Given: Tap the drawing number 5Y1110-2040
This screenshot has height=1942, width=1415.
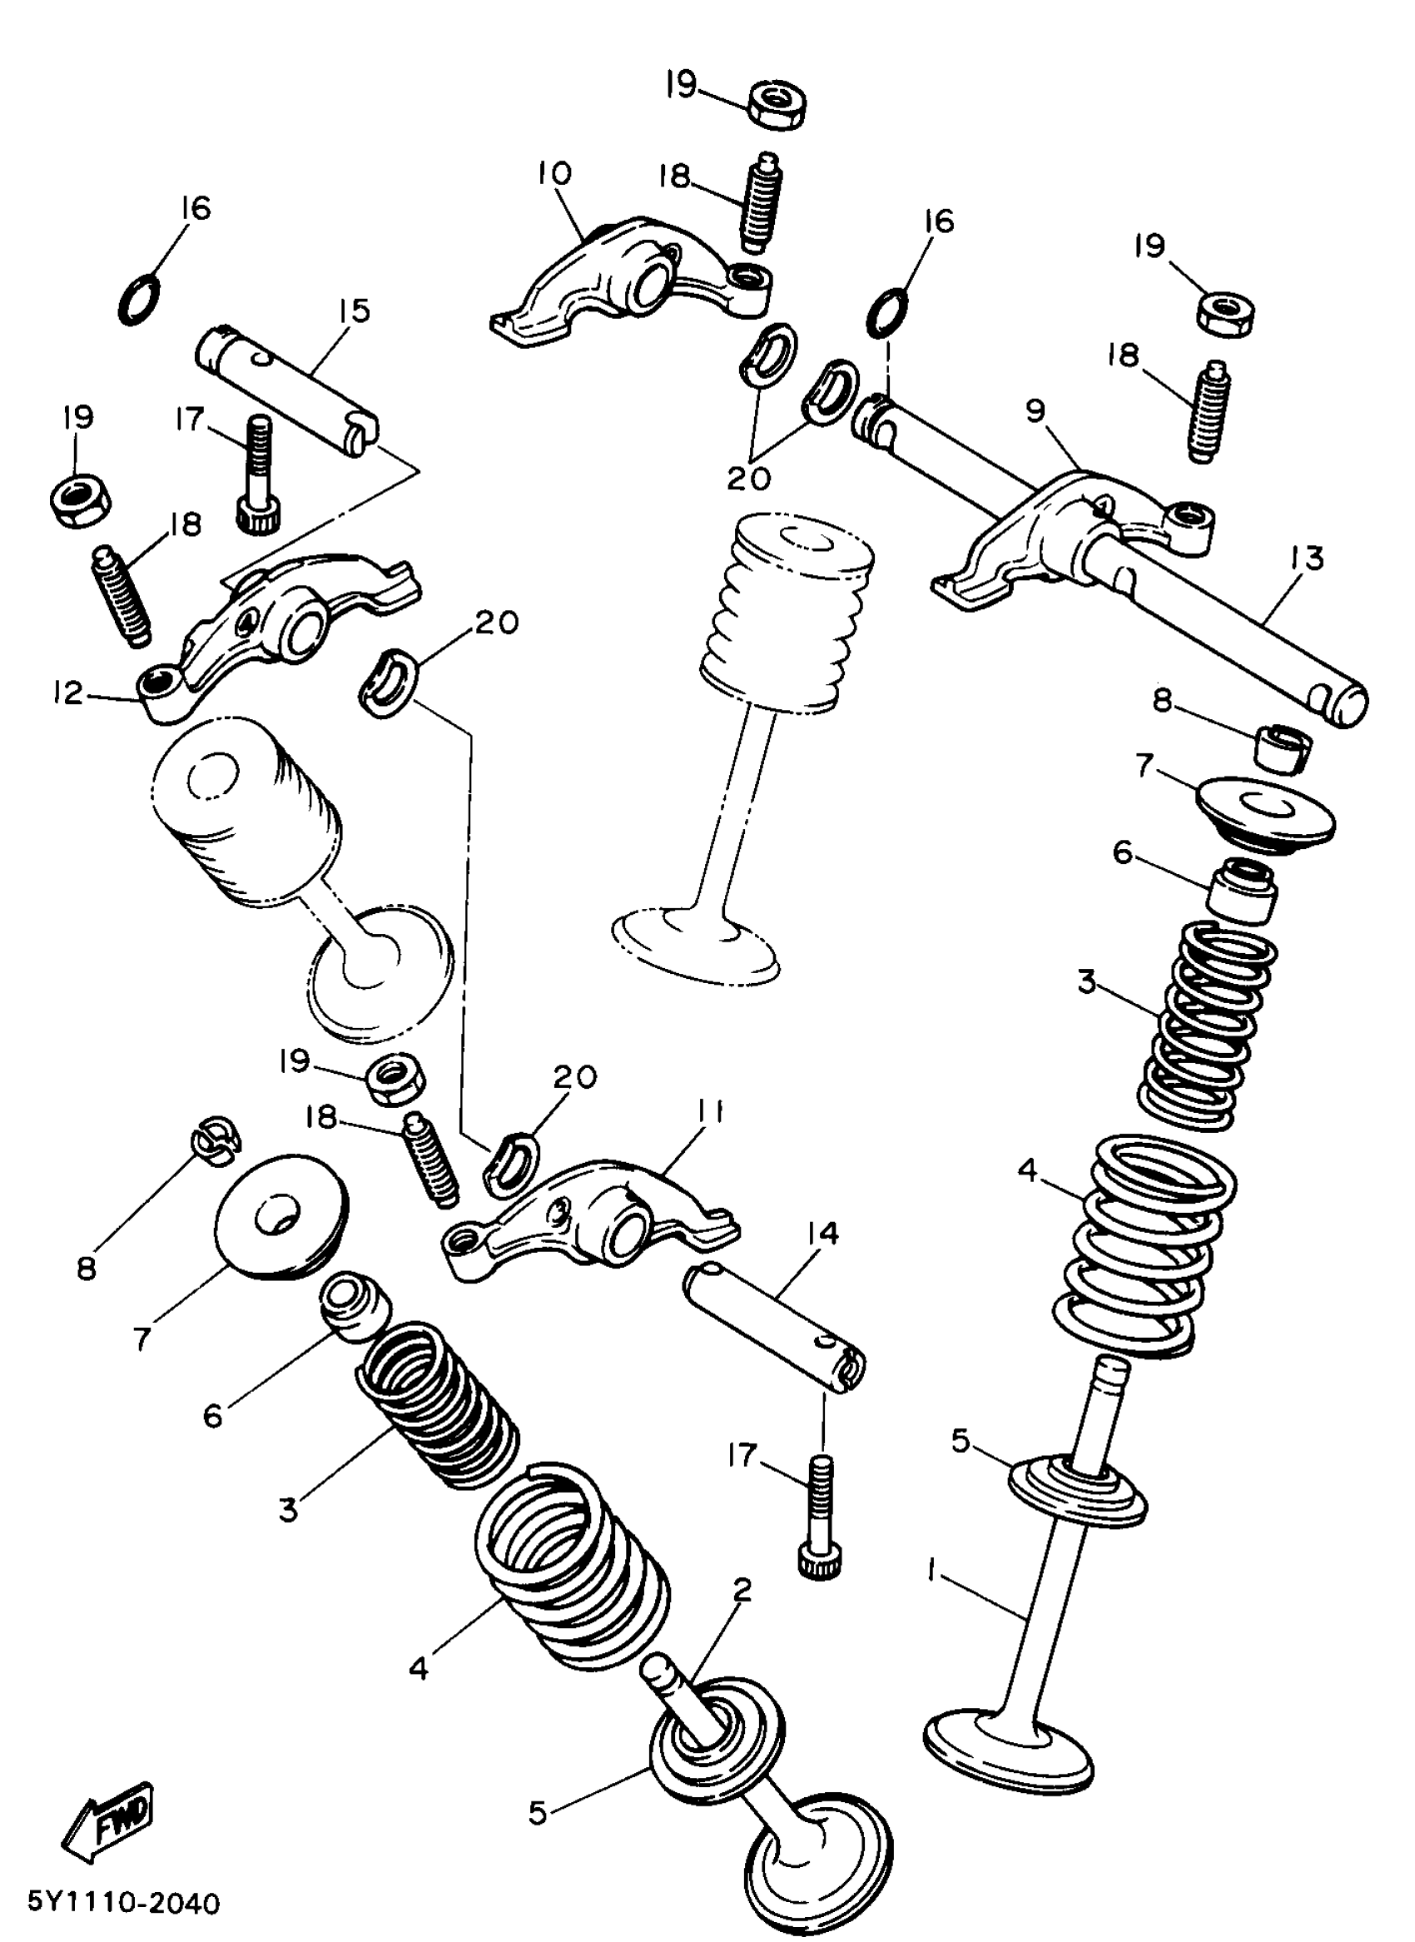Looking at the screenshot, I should click(x=124, y=1905).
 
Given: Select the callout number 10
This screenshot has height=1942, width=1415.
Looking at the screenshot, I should click(x=554, y=174).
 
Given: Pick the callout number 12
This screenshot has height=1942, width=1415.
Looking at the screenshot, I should click(x=67, y=693).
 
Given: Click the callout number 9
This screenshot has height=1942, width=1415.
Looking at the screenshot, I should click(x=1035, y=412).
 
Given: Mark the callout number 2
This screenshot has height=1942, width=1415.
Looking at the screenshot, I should click(x=742, y=1591).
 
